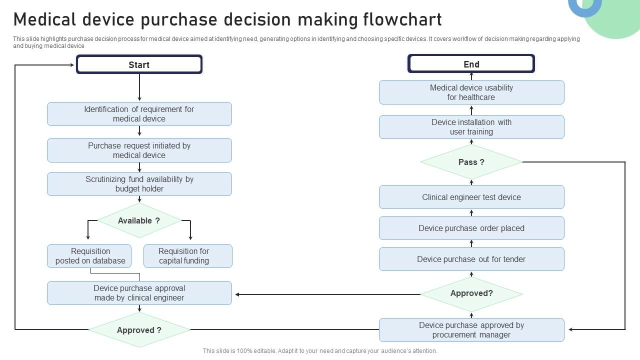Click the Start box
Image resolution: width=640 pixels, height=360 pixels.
pos(139,64)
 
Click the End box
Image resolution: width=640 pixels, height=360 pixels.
pos(471,64)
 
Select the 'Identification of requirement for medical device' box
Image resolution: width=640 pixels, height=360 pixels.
pos(139,114)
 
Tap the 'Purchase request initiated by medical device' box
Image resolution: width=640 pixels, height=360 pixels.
pos(139,150)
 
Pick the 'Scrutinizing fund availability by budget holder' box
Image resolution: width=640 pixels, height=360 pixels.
pos(139,184)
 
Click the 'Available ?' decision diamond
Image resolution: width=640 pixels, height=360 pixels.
pos(139,220)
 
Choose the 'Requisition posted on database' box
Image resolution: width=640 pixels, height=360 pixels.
pos(89,256)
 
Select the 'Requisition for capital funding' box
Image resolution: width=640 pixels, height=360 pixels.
pos(187,256)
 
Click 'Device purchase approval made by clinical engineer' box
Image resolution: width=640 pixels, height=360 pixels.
pos(139,293)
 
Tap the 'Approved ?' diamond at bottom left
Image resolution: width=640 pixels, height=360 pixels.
pos(139,330)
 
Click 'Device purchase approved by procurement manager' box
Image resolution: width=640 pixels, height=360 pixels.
pos(471,330)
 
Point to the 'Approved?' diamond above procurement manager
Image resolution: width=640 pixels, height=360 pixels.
pos(471,294)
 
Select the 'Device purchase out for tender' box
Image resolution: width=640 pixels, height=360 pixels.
pos(471,259)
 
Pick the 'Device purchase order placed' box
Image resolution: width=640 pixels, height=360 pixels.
pos(471,228)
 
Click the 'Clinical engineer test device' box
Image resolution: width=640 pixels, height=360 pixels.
pos(471,197)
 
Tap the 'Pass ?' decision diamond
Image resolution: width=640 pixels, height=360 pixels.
pos(471,162)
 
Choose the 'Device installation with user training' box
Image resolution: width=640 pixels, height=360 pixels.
pos(471,127)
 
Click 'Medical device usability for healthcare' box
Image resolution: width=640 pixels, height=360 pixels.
pos(471,92)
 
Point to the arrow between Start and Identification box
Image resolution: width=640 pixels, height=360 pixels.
pos(139,88)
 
